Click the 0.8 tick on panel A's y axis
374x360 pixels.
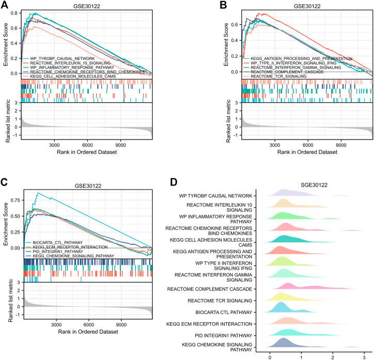pos(15,11)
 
